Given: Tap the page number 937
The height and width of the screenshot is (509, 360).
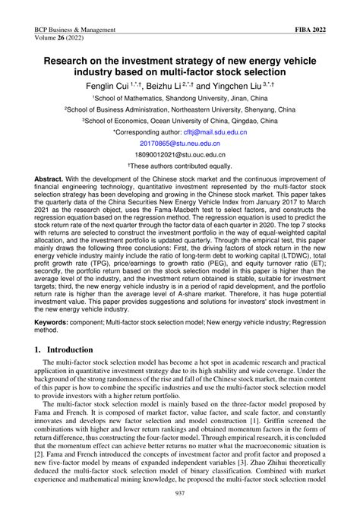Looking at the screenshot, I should click(x=180, y=494).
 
